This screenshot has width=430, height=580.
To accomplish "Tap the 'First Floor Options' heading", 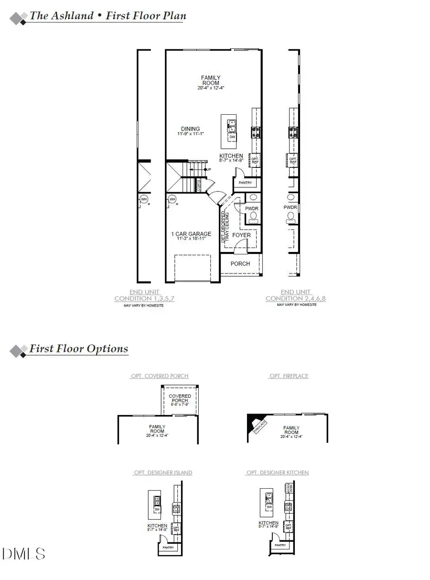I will [x=79, y=348].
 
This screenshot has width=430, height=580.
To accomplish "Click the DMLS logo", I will [x=24, y=554].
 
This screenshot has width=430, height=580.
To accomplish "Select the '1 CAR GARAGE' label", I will [x=191, y=234].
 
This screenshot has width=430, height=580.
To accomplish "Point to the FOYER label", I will [x=241, y=235].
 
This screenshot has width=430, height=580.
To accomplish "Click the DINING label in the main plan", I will [x=190, y=128].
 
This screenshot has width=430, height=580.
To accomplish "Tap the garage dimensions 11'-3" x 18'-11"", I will [x=191, y=239].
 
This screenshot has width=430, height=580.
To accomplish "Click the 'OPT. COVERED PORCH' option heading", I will [x=159, y=376].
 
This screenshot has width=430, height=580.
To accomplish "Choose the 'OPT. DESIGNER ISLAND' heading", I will [x=163, y=472].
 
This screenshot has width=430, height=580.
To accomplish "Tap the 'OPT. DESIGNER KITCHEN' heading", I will [x=277, y=472].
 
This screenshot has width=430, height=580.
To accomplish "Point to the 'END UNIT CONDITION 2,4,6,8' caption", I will [x=296, y=295].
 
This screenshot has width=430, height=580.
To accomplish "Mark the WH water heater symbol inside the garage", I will [x=172, y=199].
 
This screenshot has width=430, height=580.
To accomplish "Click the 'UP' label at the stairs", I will [x=208, y=170].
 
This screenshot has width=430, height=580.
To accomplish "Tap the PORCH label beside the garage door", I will [x=240, y=263].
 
